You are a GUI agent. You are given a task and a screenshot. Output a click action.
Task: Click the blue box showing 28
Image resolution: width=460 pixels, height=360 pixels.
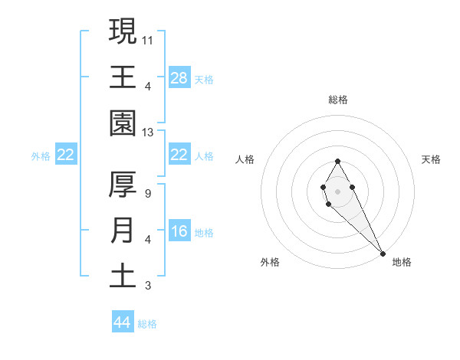coord(179,77)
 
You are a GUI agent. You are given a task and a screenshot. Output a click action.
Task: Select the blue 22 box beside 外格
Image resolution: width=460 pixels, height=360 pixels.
coord(66,155)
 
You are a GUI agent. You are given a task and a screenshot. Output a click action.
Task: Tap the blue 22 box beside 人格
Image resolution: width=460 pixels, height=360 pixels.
coord(179,155)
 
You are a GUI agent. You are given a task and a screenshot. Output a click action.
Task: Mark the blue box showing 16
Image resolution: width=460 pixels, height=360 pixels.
coord(179,232)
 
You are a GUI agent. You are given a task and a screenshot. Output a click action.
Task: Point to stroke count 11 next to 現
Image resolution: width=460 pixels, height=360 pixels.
coord(148,39)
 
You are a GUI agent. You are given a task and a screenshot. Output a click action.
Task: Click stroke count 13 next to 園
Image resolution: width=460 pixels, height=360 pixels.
coord(148,132)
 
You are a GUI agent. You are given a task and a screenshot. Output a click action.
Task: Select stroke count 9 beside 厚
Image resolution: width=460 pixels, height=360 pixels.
coord(147,194)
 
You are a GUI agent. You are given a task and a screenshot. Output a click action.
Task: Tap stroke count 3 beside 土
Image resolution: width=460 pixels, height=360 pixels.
coord(147,286)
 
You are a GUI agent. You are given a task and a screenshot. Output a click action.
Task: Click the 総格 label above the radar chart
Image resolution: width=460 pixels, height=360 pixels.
coord(338,100)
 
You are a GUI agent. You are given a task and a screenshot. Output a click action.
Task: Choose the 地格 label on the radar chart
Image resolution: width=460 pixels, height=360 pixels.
coord(402,262)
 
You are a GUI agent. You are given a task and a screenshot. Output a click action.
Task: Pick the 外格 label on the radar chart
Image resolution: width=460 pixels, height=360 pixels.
coord(270,262)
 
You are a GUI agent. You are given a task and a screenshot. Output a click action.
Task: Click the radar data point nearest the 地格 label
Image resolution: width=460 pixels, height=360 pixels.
coord(383,254)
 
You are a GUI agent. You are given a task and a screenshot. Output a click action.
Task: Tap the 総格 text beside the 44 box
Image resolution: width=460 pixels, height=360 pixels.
coord(147,324)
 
